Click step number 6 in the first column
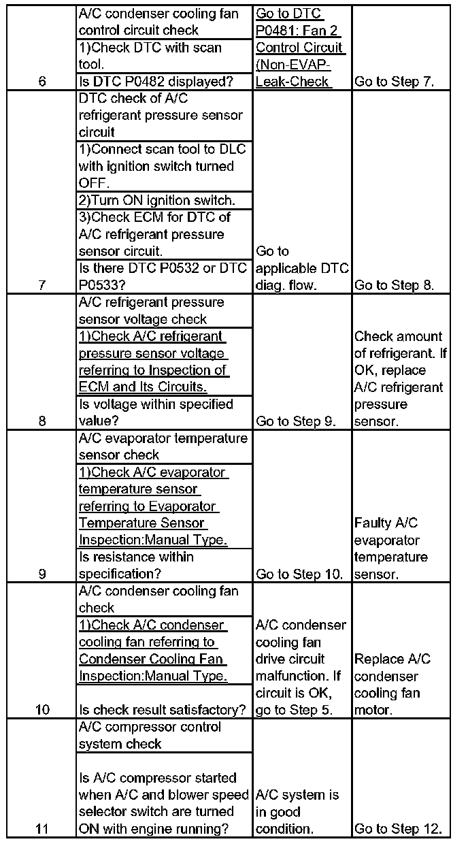point(42,82)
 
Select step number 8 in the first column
point(42,421)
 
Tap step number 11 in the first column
point(42,829)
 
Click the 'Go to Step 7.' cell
point(394,82)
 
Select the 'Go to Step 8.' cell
point(394,285)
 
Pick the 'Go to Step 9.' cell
point(296,421)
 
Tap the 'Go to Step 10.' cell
point(299,574)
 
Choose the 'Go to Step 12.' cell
point(398,829)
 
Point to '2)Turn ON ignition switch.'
point(156,200)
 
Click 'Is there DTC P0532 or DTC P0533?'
point(163,277)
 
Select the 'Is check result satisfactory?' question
point(163,710)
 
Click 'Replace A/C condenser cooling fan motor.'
point(392,685)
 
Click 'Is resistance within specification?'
point(136,566)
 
